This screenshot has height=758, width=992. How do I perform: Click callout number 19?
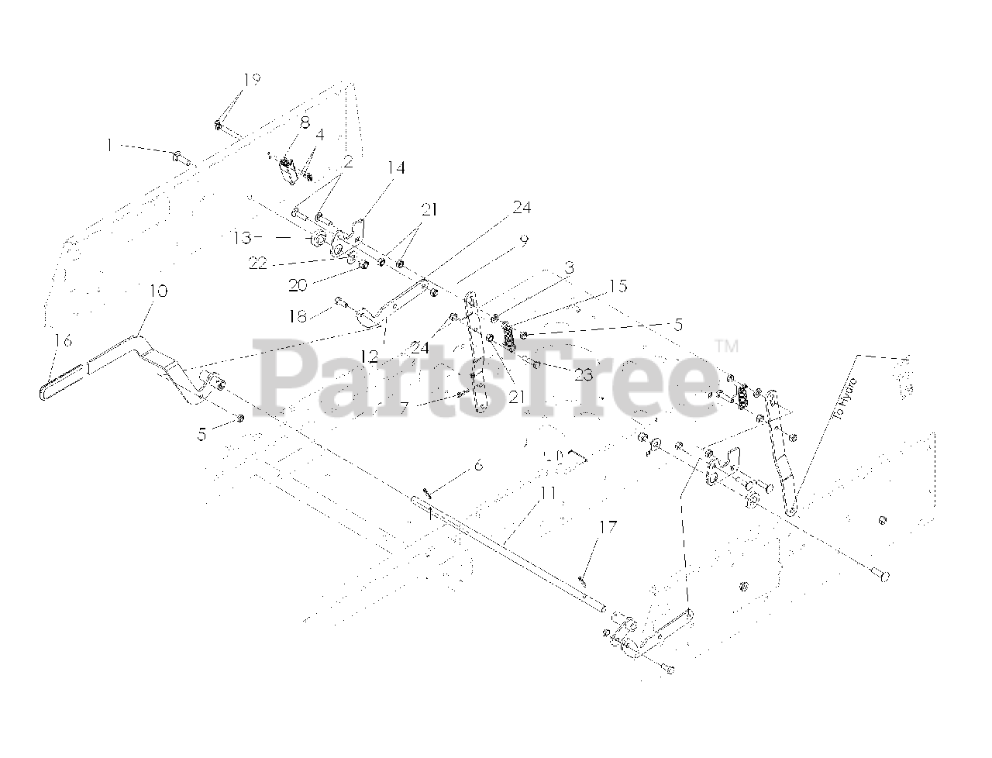[x=251, y=79]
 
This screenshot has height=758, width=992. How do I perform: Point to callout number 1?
[x=110, y=144]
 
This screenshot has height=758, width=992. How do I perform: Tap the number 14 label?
[x=397, y=168]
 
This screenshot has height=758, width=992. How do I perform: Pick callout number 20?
[x=298, y=285]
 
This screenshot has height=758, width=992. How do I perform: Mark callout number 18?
[x=298, y=315]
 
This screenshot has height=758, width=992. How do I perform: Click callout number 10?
[x=157, y=292]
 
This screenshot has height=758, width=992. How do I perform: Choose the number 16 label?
[x=63, y=340]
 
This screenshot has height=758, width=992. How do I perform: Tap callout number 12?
[x=369, y=357]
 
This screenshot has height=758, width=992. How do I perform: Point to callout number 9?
[x=524, y=241]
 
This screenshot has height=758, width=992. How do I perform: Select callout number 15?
[x=618, y=287]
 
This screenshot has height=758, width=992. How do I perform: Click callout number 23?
[x=583, y=375]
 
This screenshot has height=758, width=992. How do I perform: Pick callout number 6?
[x=478, y=465]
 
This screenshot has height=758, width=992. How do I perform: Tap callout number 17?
[x=608, y=528]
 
